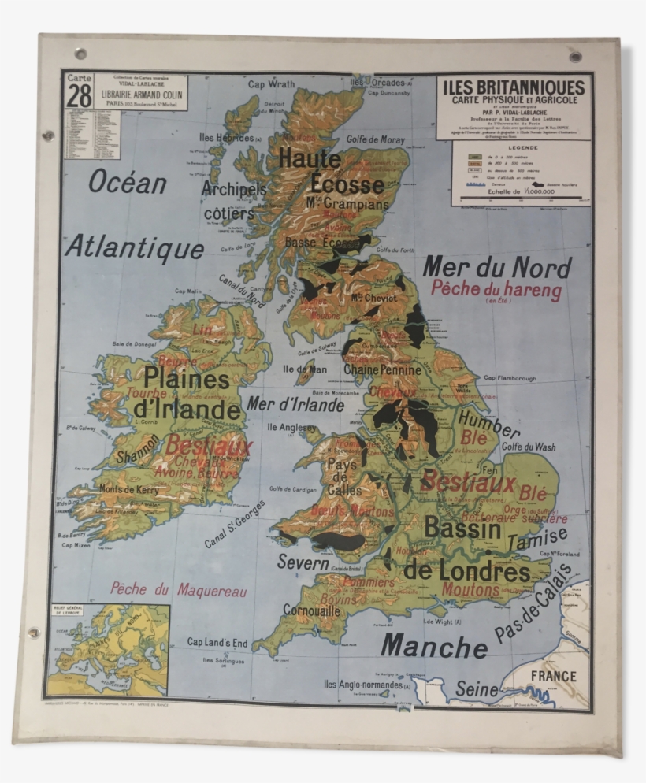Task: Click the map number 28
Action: [79, 96]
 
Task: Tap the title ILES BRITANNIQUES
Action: [514, 87]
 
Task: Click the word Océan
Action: [128, 182]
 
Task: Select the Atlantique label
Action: [135, 248]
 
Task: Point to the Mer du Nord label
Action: [496, 268]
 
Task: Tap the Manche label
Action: [434, 647]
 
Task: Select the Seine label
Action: [477, 689]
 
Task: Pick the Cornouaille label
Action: [312, 610]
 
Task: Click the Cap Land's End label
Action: [217, 643]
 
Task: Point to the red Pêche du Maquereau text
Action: [179, 589]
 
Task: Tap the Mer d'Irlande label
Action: [295, 405]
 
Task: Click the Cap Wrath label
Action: [271, 84]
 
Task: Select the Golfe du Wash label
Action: [529, 447]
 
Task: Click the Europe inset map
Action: [108, 650]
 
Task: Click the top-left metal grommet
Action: [80, 54]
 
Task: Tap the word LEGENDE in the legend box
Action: [522, 147]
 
